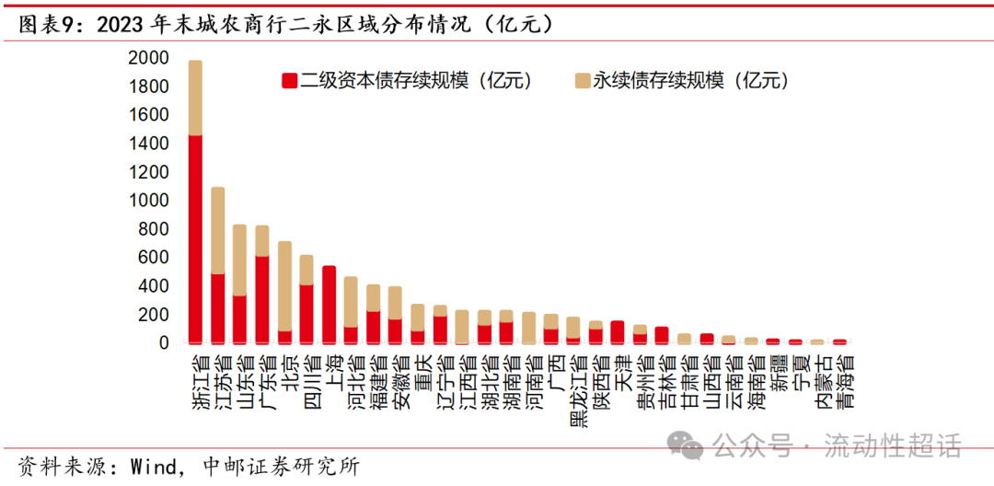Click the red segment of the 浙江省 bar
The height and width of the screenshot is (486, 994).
click(195, 239)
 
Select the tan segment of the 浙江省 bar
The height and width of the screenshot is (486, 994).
click(195, 98)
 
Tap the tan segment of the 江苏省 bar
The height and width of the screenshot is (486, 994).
click(218, 230)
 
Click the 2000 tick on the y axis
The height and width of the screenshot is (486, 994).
click(148, 58)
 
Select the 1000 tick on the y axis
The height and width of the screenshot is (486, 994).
click(148, 201)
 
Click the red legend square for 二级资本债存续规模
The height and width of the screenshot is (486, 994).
click(288, 81)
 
